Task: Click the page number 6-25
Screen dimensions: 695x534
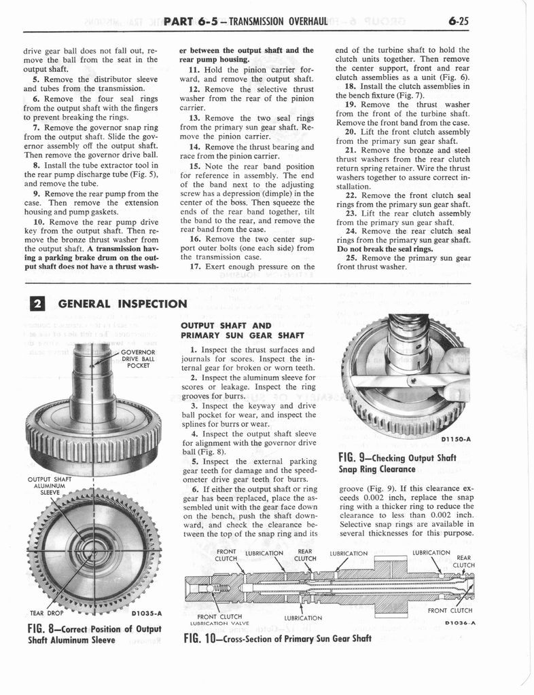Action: (459, 21)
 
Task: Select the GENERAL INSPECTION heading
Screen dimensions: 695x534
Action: (122, 304)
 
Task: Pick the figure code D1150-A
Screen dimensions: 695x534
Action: (456, 439)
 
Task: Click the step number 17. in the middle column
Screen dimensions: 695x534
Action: (195, 267)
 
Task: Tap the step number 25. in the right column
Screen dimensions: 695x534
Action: (351, 258)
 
